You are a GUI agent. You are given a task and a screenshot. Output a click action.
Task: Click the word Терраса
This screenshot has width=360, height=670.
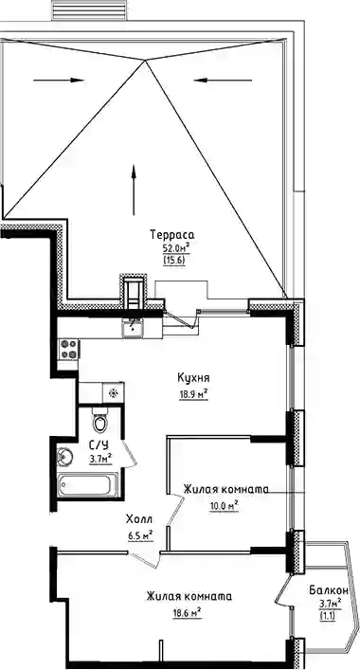(x=172, y=235)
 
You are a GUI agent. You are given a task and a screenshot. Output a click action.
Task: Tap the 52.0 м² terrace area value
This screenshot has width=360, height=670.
(x=174, y=247)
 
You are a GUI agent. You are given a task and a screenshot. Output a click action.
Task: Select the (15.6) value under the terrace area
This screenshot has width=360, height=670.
(x=174, y=260)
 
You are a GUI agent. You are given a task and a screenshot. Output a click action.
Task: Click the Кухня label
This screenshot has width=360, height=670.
(x=193, y=378)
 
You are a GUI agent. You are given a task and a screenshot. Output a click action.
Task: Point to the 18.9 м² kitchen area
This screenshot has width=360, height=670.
(x=193, y=393)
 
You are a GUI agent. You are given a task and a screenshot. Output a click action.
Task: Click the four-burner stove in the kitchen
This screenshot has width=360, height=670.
(x=69, y=349)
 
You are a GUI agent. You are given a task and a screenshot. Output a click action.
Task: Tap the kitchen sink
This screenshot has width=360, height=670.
(x=133, y=328)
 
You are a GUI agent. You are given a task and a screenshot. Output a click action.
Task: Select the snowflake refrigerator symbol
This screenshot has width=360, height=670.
(x=113, y=392)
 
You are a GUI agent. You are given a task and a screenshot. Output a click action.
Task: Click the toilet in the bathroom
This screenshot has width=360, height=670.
(x=100, y=421)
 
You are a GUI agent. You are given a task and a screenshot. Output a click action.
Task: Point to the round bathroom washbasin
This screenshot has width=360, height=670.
(x=65, y=456)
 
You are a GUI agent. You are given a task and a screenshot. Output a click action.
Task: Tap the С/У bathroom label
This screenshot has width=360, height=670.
(x=99, y=444)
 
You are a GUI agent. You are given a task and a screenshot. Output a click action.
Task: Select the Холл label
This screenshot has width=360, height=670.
(x=139, y=519)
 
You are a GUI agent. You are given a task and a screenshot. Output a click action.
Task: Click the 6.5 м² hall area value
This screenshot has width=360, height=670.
(x=140, y=534)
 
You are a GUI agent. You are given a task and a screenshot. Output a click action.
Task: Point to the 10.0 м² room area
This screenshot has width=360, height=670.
(x=224, y=506)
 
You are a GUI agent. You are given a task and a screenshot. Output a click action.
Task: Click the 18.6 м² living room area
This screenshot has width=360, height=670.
(x=187, y=613)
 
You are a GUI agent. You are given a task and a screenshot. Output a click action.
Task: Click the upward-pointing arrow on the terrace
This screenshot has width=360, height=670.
(x=134, y=190)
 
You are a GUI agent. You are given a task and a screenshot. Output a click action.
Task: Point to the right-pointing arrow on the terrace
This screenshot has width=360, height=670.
(x=59, y=80)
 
